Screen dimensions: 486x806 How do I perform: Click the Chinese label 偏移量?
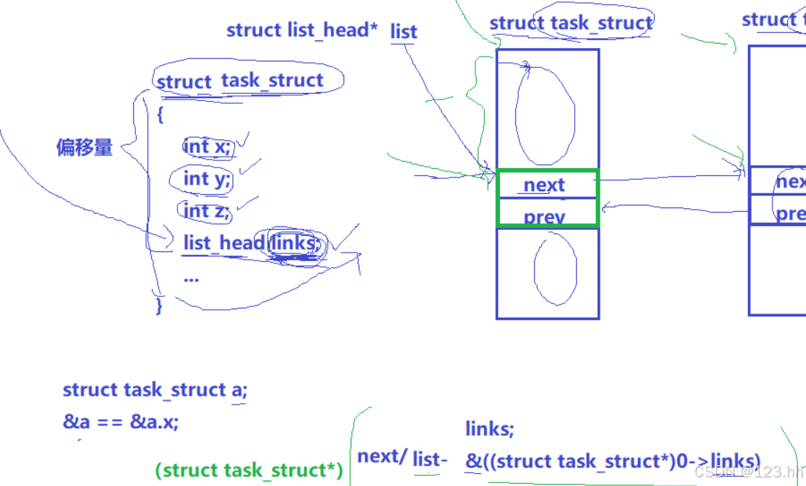click(x=84, y=148)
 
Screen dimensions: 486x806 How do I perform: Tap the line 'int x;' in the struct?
click(x=208, y=147)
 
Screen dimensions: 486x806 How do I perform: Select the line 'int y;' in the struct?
click(x=208, y=179)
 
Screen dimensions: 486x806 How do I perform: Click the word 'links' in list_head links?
click(x=293, y=243)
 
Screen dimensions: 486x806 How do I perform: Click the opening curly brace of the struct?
click(x=160, y=115)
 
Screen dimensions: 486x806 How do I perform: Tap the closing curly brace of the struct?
click(x=159, y=306)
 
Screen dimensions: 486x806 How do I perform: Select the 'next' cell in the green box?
click(x=545, y=185)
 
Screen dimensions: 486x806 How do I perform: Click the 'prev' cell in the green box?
click(x=545, y=215)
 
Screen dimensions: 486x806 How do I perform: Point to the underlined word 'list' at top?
click(x=404, y=31)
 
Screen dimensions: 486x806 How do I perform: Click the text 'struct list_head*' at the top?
click(x=302, y=30)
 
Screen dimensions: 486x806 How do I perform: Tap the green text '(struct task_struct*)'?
click(x=248, y=470)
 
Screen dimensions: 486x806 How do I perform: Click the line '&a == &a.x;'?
click(x=121, y=422)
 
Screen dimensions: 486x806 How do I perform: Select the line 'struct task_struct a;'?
click(x=155, y=390)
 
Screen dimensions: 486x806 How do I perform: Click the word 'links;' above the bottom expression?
click(x=490, y=429)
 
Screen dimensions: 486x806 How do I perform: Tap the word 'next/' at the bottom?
click(x=382, y=456)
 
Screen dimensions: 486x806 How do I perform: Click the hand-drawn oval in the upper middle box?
click(x=545, y=118)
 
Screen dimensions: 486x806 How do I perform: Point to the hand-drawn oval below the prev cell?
click(x=555, y=268)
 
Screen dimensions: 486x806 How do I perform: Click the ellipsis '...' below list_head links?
click(x=191, y=278)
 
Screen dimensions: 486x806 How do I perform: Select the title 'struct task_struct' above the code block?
click(x=241, y=81)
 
